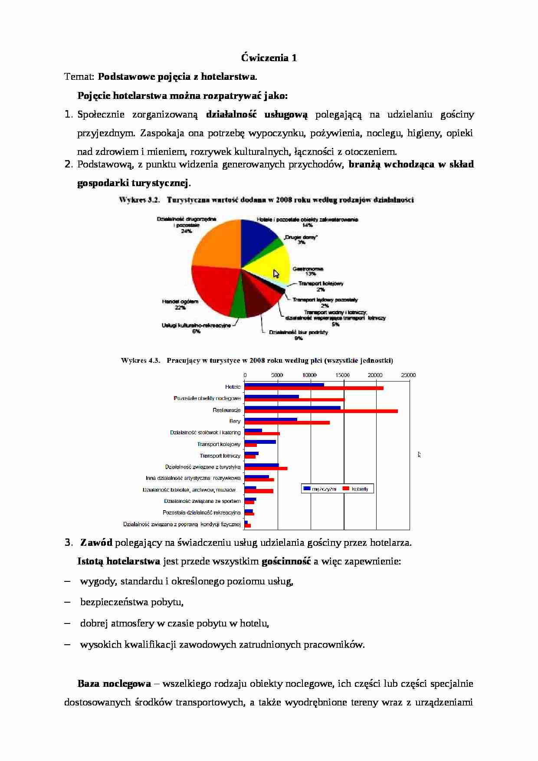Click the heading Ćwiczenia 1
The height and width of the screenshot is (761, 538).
[269, 58]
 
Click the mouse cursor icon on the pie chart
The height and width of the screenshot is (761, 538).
[276, 274]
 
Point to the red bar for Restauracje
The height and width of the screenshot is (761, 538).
[321, 411]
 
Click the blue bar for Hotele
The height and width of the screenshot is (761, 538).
[284, 385]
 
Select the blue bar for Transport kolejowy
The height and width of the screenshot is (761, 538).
[260, 442]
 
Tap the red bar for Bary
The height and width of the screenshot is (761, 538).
[287, 423]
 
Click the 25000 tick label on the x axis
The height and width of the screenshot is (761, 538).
[408, 375]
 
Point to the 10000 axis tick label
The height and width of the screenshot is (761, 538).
[310, 375]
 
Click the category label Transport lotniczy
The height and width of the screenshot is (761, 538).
[220, 456]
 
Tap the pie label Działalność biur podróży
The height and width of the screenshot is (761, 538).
[299, 332]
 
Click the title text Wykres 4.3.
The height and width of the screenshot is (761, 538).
[141, 361]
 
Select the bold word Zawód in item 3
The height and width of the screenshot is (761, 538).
[96, 542]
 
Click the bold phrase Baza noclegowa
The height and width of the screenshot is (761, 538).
[114, 683]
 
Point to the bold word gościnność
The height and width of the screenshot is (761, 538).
[286, 561]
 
